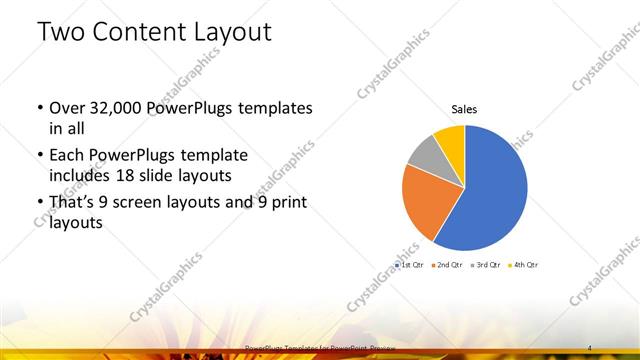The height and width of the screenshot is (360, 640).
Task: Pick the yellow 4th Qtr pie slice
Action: [449, 137]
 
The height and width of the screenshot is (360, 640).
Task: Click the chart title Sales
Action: [463, 108]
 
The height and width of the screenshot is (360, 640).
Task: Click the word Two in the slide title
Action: [61, 32]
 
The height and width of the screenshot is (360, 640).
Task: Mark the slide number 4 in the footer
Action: [591, 347]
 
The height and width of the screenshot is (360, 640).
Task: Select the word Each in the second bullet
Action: [66, 156]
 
